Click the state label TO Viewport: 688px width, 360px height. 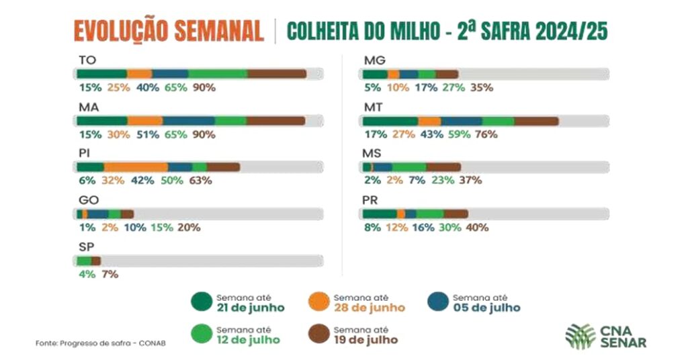pos(87,60)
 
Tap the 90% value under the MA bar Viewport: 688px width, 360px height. pos(204,134)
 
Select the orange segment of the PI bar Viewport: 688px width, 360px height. pos(136,167)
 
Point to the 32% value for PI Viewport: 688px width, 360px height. pos(112,180)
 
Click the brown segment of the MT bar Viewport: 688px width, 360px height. pos(536,121)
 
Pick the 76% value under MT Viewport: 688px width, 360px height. pos(486,134)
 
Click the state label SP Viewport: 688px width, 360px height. pos(86,246)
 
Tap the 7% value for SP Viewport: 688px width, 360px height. pos(109,273)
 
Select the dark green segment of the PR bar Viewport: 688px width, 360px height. pos(380,214)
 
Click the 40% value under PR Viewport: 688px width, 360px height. pos(477,227)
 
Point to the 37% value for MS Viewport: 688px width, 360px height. pos(470,180)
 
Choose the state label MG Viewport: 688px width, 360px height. pos(374,60)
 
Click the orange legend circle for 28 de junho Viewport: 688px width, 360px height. pos(319,303)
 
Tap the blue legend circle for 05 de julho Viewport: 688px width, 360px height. pos(438,303)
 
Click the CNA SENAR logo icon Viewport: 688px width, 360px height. pos(580,336)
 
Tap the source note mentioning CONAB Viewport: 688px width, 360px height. pos(100,343)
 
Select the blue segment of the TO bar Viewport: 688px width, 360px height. pos(170,74)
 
